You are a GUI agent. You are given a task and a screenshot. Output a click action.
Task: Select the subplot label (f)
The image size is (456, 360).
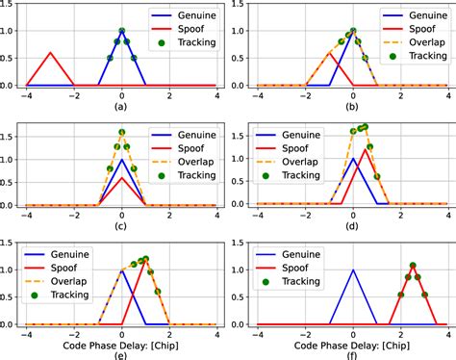click(353, 352)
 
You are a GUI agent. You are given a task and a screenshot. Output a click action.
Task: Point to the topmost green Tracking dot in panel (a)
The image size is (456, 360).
click(121, 31)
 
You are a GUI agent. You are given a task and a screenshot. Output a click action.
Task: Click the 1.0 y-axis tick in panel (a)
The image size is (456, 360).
click(12, 31)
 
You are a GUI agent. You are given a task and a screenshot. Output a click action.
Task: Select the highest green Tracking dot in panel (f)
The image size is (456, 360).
click(412, 265)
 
